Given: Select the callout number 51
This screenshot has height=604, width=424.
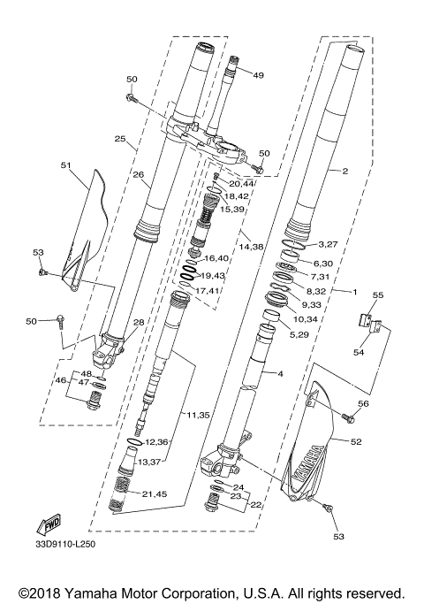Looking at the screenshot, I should tap(65, 164).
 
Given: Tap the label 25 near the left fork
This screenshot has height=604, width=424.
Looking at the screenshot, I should tap(120, 139).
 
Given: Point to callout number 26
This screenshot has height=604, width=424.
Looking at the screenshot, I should tap(139, 174).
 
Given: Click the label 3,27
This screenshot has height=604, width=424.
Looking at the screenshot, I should tap(329, 243).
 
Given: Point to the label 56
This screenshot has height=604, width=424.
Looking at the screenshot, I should tap(364, 403).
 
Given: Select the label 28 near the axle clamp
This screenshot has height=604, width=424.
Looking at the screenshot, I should tap(139, 323).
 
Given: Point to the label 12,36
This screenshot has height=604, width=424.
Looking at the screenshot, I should tap(156, 440).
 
